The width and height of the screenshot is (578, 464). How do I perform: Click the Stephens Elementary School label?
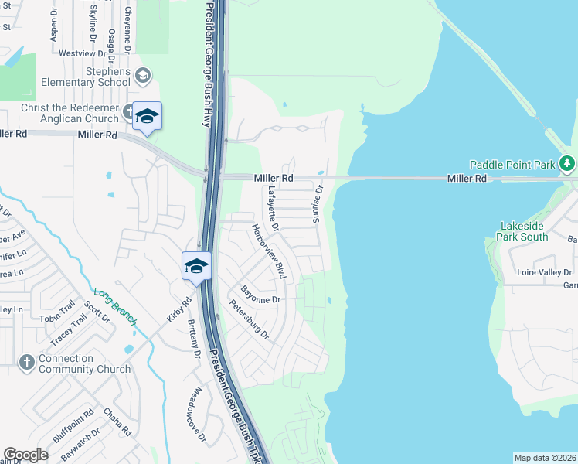click(x=97, y=77)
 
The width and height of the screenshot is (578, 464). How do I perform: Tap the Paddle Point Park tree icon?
click(x=569, y=164)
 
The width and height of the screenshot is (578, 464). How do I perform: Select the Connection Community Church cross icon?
click(x=25, y=363)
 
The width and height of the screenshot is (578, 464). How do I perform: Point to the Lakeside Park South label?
click(x=524, y=231)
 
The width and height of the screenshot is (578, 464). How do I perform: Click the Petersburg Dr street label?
click(x=249, y=320)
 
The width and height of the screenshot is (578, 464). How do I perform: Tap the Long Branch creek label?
click(x=115, y=306)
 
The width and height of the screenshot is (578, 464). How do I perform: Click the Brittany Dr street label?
click(x=193, y=343)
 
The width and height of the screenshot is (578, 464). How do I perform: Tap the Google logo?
click(x=25, y=455)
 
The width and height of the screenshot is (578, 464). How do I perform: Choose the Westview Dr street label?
click(x=82, y=54)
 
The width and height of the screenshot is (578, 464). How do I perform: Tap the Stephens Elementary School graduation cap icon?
click(x=142, y=76)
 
